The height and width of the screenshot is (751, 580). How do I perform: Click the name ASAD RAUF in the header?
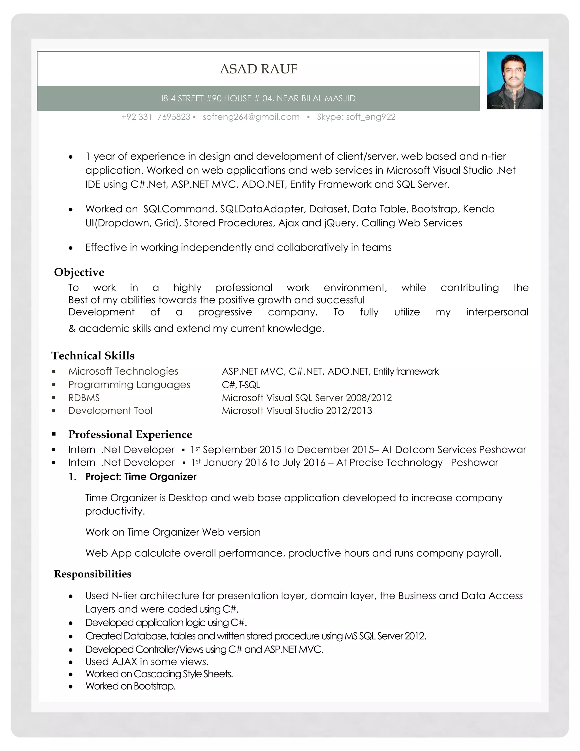coord(258,69)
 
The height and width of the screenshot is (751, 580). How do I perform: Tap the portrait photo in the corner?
coord(514,80)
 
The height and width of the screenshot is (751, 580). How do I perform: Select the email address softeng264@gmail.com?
coord(251,117)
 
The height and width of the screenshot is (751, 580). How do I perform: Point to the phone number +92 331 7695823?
coord(156,117)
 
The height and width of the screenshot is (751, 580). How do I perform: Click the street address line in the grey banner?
coord(258,98)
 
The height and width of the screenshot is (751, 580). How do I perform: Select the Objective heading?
coord(79,272)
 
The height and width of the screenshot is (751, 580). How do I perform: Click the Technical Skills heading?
coord(93,356)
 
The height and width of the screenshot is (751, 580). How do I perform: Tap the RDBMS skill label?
coord(84,398)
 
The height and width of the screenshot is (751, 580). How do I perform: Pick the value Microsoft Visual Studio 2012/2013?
coord(297,411)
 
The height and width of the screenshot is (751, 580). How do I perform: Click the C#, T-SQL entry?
coord(241,385)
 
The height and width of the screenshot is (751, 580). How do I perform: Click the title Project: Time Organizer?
coord(141,477)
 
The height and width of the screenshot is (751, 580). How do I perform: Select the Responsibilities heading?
coord(93,574)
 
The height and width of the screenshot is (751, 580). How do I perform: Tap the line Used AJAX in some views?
coord(147,662)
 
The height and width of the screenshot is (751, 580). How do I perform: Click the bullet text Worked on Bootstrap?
coord(131,686)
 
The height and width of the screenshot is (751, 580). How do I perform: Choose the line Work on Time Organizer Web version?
coord(173,532)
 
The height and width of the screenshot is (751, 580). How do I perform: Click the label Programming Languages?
coord(129,385)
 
